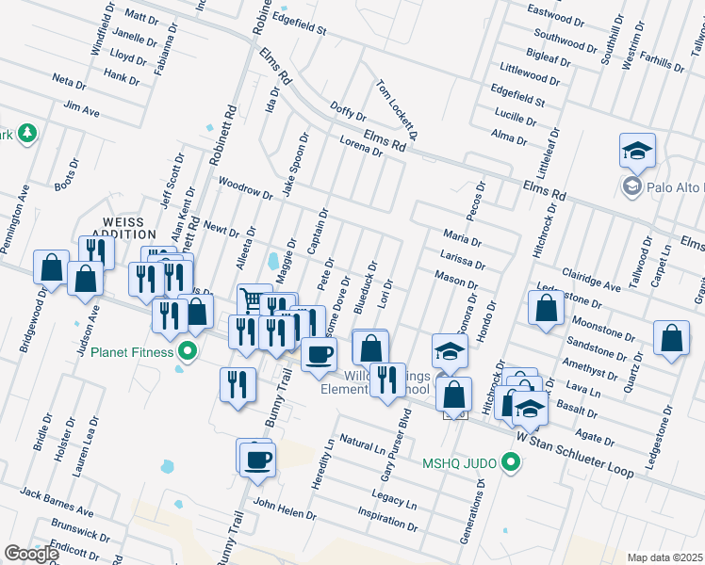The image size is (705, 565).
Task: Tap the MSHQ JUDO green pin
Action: [511, 462]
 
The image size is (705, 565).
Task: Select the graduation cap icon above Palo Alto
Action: [637, 151]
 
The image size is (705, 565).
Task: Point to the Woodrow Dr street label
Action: [244, 187]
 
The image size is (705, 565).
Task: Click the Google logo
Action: [32, 555]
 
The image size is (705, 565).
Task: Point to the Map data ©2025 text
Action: [664, 557]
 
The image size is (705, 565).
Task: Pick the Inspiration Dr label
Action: [386, 520]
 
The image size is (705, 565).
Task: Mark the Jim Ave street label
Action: [81, 111]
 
